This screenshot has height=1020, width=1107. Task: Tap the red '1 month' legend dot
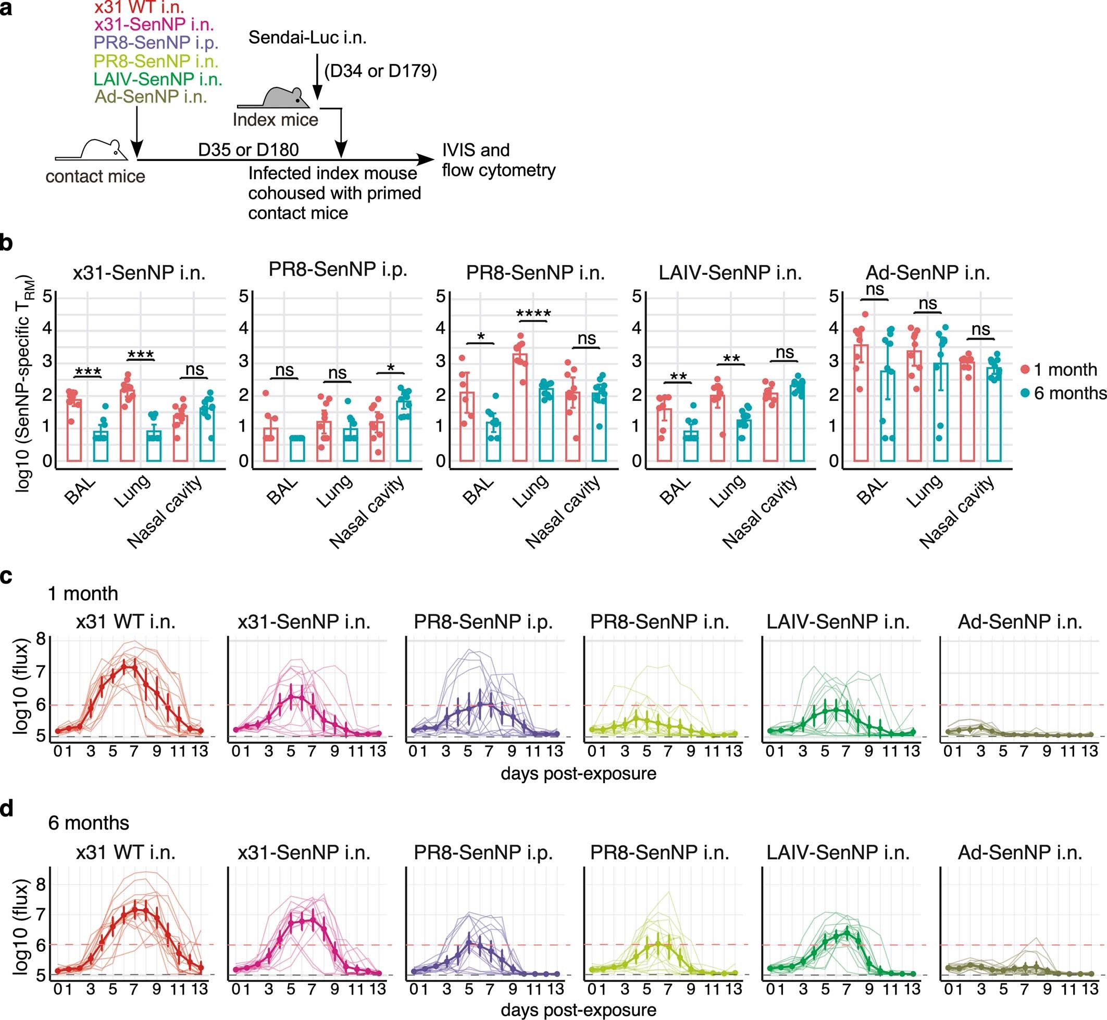pos(1025,369)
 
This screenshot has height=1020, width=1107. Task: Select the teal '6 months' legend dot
pos(1025,393)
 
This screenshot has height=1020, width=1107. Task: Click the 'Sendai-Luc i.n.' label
pos(307,37)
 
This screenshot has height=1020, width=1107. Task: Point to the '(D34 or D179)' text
pos(380,71)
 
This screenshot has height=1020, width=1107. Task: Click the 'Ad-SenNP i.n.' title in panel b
pos(928,273)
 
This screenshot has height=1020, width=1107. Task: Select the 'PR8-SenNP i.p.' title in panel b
pos(338,269)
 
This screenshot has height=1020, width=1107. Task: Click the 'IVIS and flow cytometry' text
pos(498,160)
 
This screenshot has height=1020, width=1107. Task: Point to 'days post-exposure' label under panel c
pos(578,773)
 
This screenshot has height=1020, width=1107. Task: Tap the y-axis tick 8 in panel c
pos(40,639)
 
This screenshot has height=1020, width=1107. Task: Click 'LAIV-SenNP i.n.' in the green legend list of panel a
pos(158,79)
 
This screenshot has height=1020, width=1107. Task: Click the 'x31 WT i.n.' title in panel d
pos(126,853)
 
